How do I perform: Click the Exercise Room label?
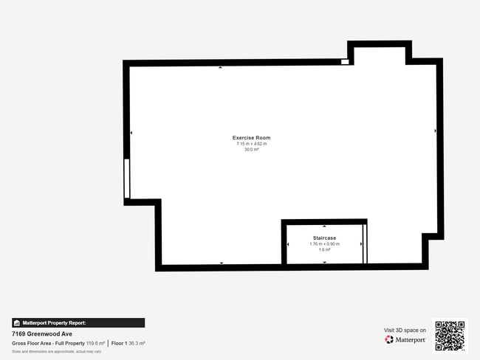[251, 138]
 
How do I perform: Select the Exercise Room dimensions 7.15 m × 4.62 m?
[251, 144]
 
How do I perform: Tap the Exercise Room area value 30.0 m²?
[251, 149]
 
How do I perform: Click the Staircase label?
[324, 238]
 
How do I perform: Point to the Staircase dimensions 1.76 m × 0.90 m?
[324, 243]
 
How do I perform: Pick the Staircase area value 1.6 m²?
[324, 249]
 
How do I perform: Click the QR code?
[450, 335]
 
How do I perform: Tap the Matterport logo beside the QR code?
[405, 340]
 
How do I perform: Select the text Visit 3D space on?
[405, 330]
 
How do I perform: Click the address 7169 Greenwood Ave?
[41, 333]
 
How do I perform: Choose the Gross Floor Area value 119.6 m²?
[95, 344]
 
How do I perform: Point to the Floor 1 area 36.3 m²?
[137, 344]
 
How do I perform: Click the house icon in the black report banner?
[17, 323]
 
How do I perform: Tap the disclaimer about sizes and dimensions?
[56, 352]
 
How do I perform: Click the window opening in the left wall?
[127, 179]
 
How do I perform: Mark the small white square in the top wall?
[345, 62]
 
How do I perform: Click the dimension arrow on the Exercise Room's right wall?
[435, 131]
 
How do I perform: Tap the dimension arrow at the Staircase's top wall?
[324, 225]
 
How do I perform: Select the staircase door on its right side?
[364, 243]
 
